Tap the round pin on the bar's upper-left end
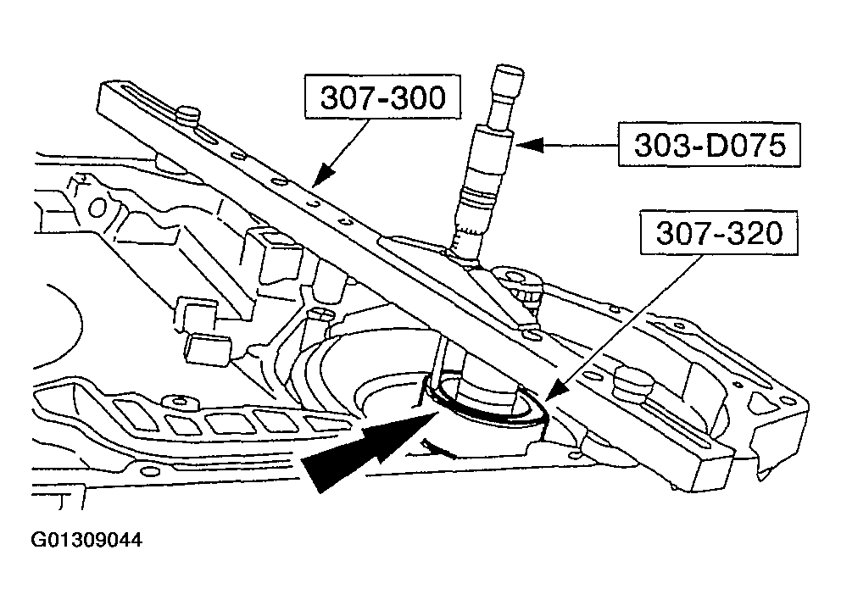pyautogui.click(x=188, y=115)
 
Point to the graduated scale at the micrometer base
pyautogui.click(x=465, y=239)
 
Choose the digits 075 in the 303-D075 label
pyautogui.click(x=751, y=147)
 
